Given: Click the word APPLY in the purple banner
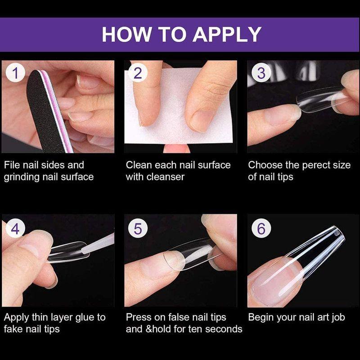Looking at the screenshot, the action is (227, 35).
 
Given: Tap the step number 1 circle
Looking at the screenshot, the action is (15, 73).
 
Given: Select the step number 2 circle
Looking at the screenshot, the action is (138, 73).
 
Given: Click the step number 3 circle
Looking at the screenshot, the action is (261, 73).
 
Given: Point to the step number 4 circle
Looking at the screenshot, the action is (15, 228).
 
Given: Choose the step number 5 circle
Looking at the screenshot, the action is (138, 228).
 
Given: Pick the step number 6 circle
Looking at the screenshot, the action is (261, 228).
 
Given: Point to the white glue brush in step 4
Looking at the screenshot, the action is (98, 244).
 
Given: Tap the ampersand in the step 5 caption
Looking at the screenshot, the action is (149, 329).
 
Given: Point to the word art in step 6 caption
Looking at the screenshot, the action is (323, 318).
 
